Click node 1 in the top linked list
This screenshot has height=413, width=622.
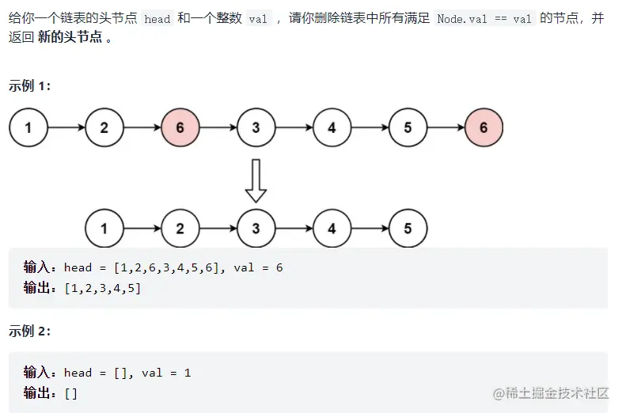[x=28, y=127]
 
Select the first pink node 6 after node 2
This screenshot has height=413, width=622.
[x=180, y=127]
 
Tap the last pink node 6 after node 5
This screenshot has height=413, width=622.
[x=484, y=127]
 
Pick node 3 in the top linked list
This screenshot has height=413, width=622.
[x=256, y=127]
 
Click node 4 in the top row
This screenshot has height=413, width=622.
[x=332, y=127]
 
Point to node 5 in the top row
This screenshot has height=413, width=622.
[x=408, y=127]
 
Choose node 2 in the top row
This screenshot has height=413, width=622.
[x=104, y=127]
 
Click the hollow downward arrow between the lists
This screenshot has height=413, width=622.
[x=256, y=180]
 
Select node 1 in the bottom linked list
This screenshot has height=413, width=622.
[x=104, y=229]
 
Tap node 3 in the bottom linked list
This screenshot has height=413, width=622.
[x=256, y=229]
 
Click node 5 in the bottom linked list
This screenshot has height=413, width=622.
[x=408, y=229]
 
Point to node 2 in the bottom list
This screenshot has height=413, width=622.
[x=180, y=229]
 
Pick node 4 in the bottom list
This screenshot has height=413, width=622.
[x=332, y=229]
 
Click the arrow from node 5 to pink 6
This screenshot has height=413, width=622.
[x=446, y=127]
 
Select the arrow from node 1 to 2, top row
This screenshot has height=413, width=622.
[x=66, y=127]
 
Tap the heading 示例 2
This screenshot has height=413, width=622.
[x=30, y=332]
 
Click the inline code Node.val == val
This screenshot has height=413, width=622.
[x=484, y=19]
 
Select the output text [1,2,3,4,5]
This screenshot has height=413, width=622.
[x=103, y=288]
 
